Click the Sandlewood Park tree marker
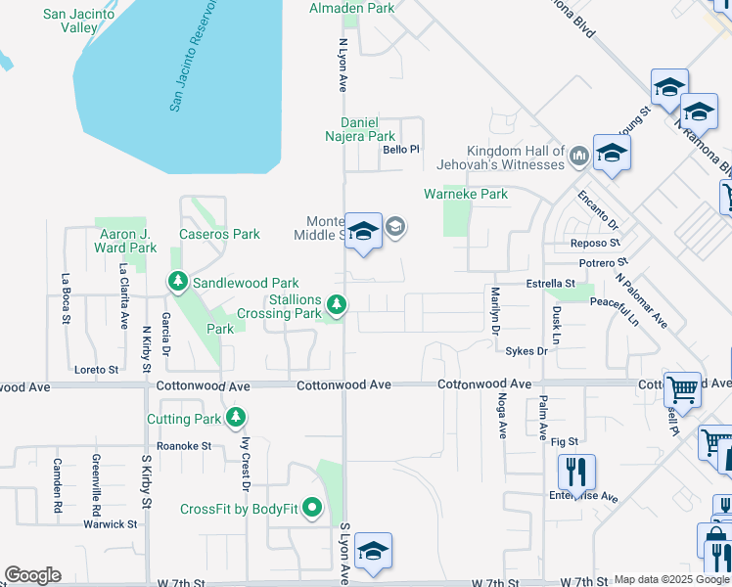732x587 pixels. click(x=177, y=283)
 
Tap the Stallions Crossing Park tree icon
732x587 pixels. click(x=337, y=306)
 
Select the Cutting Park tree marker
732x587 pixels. click(x=235, y=419)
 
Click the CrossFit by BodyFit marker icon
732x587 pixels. click(x=312, y=508)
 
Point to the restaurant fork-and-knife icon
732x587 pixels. click(x=576, y=473)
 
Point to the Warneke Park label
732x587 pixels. click(x=466, y=194)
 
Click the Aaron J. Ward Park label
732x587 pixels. click(x=128, y=241)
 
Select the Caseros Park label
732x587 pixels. click(x=219, y=235)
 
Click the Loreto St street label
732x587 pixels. click(x=96, y=370)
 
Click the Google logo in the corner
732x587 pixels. click(x=32, y=575)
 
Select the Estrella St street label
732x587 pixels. click(x=548, y=284)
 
